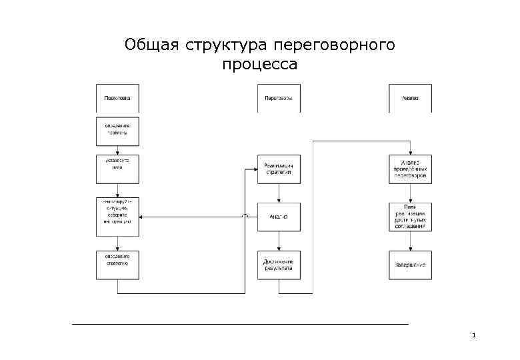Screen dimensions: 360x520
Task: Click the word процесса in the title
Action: [259, 65]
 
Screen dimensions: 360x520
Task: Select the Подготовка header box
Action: [117, 98]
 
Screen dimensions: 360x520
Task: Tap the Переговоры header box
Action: [279, 98]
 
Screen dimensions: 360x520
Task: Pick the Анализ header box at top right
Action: [410, 98]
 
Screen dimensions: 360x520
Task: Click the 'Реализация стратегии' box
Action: [279, 169]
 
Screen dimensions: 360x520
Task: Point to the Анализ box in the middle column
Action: [279, 216]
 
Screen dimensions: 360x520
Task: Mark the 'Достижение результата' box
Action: [279, 264]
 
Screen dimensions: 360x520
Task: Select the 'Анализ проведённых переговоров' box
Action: [410, 169]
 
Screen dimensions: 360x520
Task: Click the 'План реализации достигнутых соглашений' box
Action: [410, 216]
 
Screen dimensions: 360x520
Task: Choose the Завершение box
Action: [410, 264]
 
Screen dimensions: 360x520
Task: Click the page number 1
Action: [473, 335]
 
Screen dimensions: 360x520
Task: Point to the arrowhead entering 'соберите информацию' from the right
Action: [143, 216]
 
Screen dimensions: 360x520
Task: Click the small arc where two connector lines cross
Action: [246, 216]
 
